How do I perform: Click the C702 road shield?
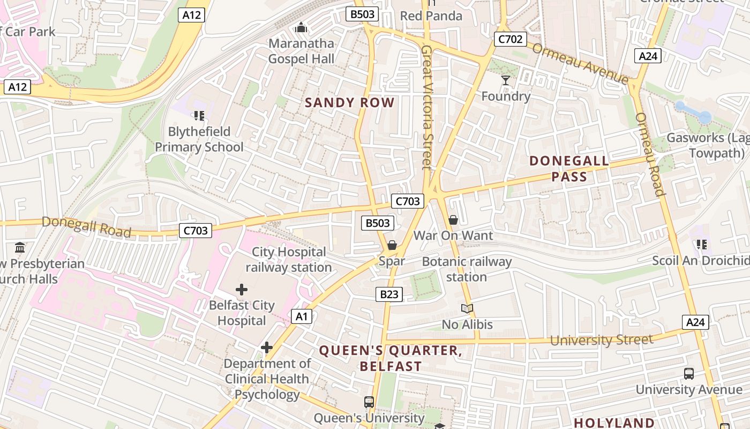click(x=510, y=39)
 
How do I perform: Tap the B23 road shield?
click(x=388, y=294)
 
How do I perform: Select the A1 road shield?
click(x=302, y=316)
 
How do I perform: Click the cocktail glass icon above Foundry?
click(x=505, y=80)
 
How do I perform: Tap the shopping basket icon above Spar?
click(x=392, y=245)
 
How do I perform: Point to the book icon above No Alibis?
click(x=467, y=308)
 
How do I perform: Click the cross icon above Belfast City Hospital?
click(x=242, y=290)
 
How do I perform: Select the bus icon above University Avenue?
click(x=689, y=373)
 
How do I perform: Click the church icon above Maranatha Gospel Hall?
click(x=301, y=27)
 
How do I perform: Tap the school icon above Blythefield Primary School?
click(x=199, y=115)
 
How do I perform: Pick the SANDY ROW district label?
click(x=349, y=103)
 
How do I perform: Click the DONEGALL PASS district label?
click(x=569, y=168)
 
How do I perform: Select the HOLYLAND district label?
click(x=614, y=423)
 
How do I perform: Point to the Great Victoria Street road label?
click(x=426, y=107)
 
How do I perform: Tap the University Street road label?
click(x=601, y=339)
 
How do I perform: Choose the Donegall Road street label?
click(x=86, y=227)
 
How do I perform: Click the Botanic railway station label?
click(x=467, y=269)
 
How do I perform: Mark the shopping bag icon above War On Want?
click(x=453, y=220)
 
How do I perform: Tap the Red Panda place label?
click(x=431, y=16)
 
